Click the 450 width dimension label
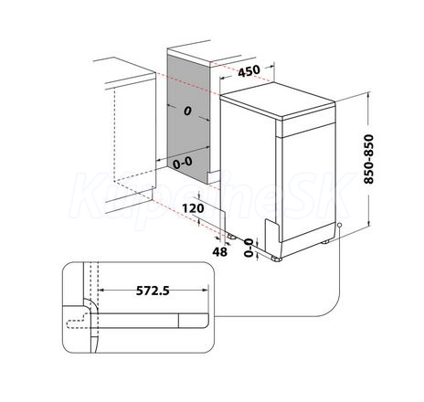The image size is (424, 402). click(249, 71)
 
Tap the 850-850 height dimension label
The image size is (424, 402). click(368, 159)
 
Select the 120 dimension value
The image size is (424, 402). click(193, 208)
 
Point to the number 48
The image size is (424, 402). click(220, 251)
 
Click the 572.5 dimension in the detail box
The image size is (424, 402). click(153, 291)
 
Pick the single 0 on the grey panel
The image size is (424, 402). click(187, 111)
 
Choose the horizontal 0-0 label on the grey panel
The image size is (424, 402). click(183, 163)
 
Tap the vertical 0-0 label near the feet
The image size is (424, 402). click(249, 248)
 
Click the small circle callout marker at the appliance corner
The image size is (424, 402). click(339, 225)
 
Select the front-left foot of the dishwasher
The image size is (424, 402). click(277, 259)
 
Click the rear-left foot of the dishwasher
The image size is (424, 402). click(231, 237)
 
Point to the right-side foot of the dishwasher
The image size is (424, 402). click(325, 242)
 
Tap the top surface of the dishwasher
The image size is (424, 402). click(278, 100)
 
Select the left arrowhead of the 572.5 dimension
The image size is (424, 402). click(102, 291)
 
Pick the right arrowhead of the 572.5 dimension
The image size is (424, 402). click(206, 291)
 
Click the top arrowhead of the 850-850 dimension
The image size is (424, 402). click(368, 96)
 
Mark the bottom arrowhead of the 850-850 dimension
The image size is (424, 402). click(368, 224)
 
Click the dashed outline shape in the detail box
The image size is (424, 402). click(80, 322)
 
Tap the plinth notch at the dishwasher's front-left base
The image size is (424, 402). click(272, 231)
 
